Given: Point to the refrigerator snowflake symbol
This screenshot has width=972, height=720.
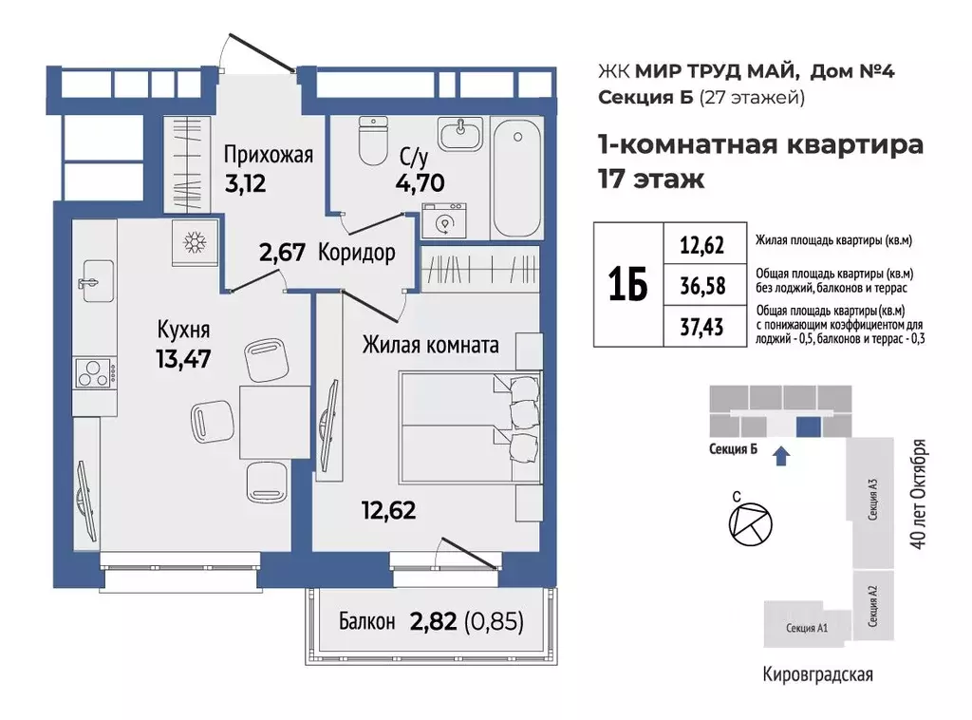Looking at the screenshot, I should (x=196, y=243).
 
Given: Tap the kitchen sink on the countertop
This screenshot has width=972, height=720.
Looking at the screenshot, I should (x=92, y=282).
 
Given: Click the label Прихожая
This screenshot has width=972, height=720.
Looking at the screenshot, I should (x=268, y=154).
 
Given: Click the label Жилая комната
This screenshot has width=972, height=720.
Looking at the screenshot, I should (x=430, y=345).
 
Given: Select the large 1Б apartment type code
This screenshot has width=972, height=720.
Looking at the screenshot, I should (x=627, y=284).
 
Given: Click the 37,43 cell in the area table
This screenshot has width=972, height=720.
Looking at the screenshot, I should (x=701, y=327).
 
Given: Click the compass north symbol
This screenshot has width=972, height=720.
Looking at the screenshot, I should (x=744, y=523).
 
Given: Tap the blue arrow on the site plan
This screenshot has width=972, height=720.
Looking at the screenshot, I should (x=780, y=457).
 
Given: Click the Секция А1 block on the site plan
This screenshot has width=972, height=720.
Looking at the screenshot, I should (x=807, y=628).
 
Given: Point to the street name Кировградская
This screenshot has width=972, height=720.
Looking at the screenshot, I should (x=817, y=675).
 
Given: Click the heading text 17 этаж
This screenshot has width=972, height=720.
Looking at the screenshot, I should (x=650, y=178).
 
